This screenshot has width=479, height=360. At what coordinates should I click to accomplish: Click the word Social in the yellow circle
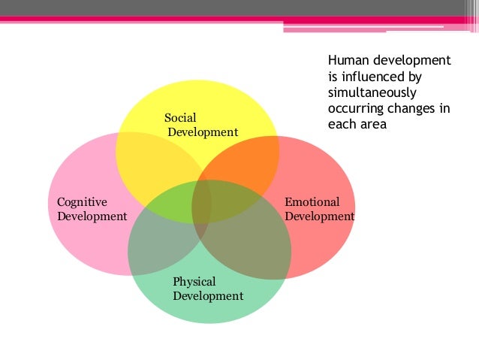click(x=180, y=118)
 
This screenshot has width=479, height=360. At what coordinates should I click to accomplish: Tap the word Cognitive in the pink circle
click(x=82, y=202)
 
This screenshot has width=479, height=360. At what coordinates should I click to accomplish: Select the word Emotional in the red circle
click(x=312, y=202)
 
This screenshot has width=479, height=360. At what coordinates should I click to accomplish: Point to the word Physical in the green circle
click(x=194, y=282)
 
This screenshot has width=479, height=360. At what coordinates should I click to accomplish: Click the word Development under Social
click(x=203, y=132)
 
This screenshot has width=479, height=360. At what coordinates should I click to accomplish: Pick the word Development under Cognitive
click(x=92, y=216)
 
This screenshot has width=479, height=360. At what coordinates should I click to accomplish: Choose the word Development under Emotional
click(x=320, y=216)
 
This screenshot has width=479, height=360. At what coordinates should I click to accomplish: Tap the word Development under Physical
click(x=208, y=296)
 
